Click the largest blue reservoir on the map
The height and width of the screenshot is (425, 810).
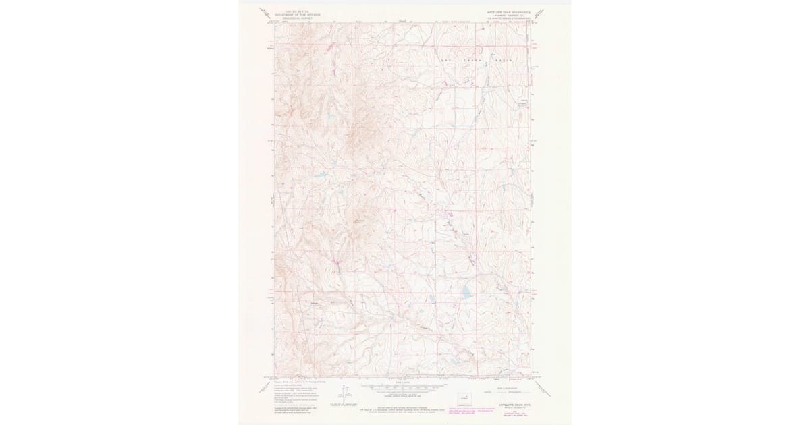(x=466, y=293)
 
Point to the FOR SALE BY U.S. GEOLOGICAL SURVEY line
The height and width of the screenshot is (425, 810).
(x=405, y=407)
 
